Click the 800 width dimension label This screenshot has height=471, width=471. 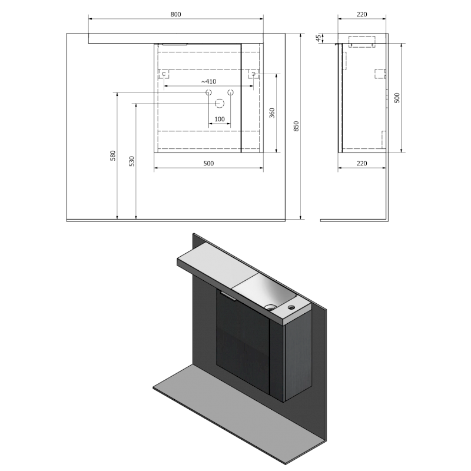[x=175, y=14]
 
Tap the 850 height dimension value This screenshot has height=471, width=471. [x=296, y=126]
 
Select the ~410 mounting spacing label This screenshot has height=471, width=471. [x=208, y=81]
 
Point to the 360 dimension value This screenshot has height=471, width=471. [x=272, y=113]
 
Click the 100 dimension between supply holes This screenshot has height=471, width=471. [x=220, y=120]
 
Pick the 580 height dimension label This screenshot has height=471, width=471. [x=113, y=155]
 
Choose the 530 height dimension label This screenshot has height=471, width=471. [x=131, y=161]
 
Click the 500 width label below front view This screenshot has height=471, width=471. [x=208, y=164]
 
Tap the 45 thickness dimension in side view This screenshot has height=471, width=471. [x=319, y=38]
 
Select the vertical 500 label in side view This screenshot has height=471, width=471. [x=397, y=98]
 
